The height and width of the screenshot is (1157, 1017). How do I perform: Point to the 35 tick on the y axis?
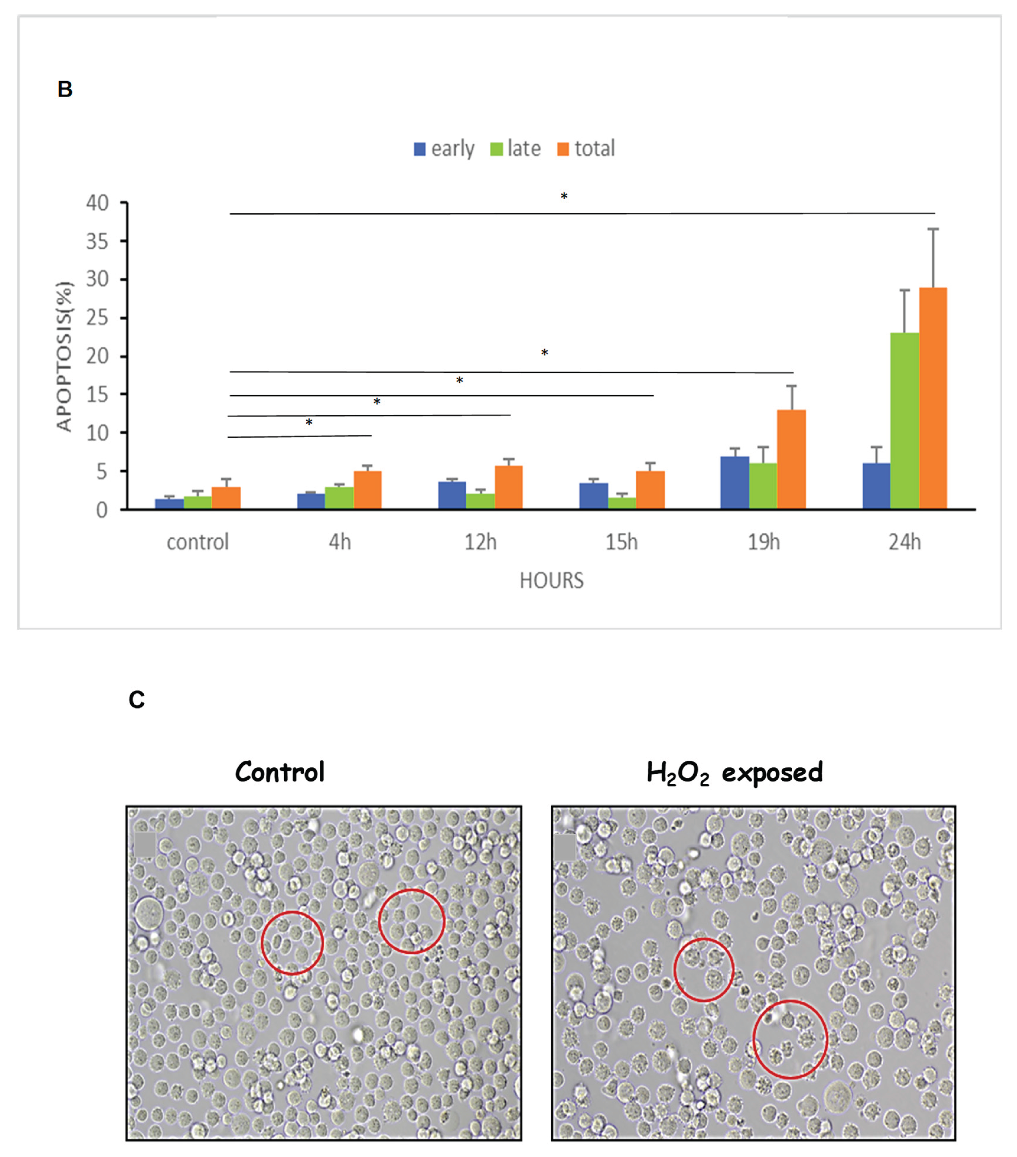(x=97, y=242)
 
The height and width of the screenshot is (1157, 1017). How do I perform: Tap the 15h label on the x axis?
(x=621, y=542)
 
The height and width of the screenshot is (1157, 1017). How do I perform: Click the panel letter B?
(x=65, y=89)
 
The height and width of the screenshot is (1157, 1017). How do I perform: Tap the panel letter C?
(x=136, y=700)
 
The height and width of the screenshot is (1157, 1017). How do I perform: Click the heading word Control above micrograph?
(x=280, y=772)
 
